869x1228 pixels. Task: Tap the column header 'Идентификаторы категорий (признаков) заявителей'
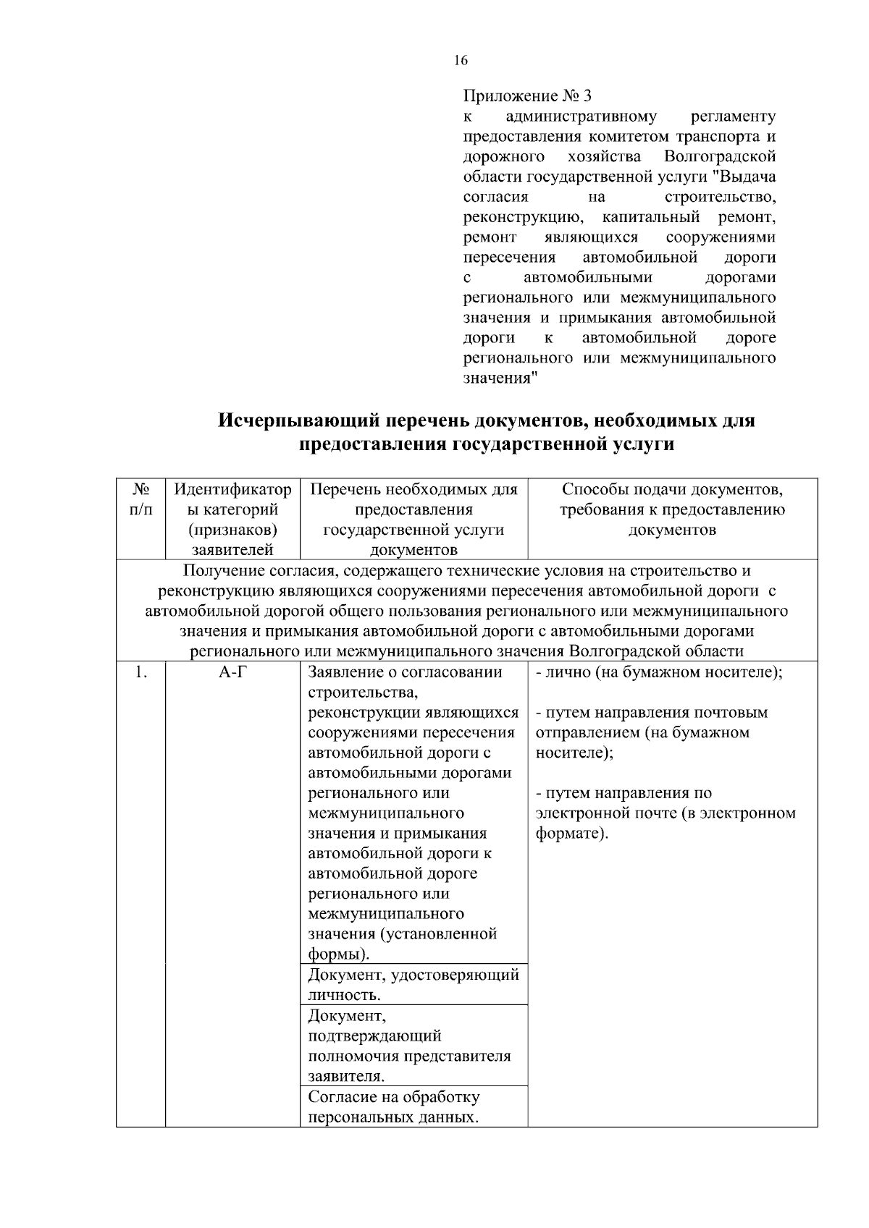(232, 520)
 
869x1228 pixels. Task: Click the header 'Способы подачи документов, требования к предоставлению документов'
(672, 509)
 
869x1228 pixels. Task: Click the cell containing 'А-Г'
(232, 672)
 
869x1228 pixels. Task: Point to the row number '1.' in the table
(140, 672)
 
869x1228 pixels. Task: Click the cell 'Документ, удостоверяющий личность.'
(413, 984)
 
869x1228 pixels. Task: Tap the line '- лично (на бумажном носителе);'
(659, 672)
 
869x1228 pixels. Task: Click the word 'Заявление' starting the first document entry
(343, 672)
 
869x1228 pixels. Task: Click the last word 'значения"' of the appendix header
(500, 378)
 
